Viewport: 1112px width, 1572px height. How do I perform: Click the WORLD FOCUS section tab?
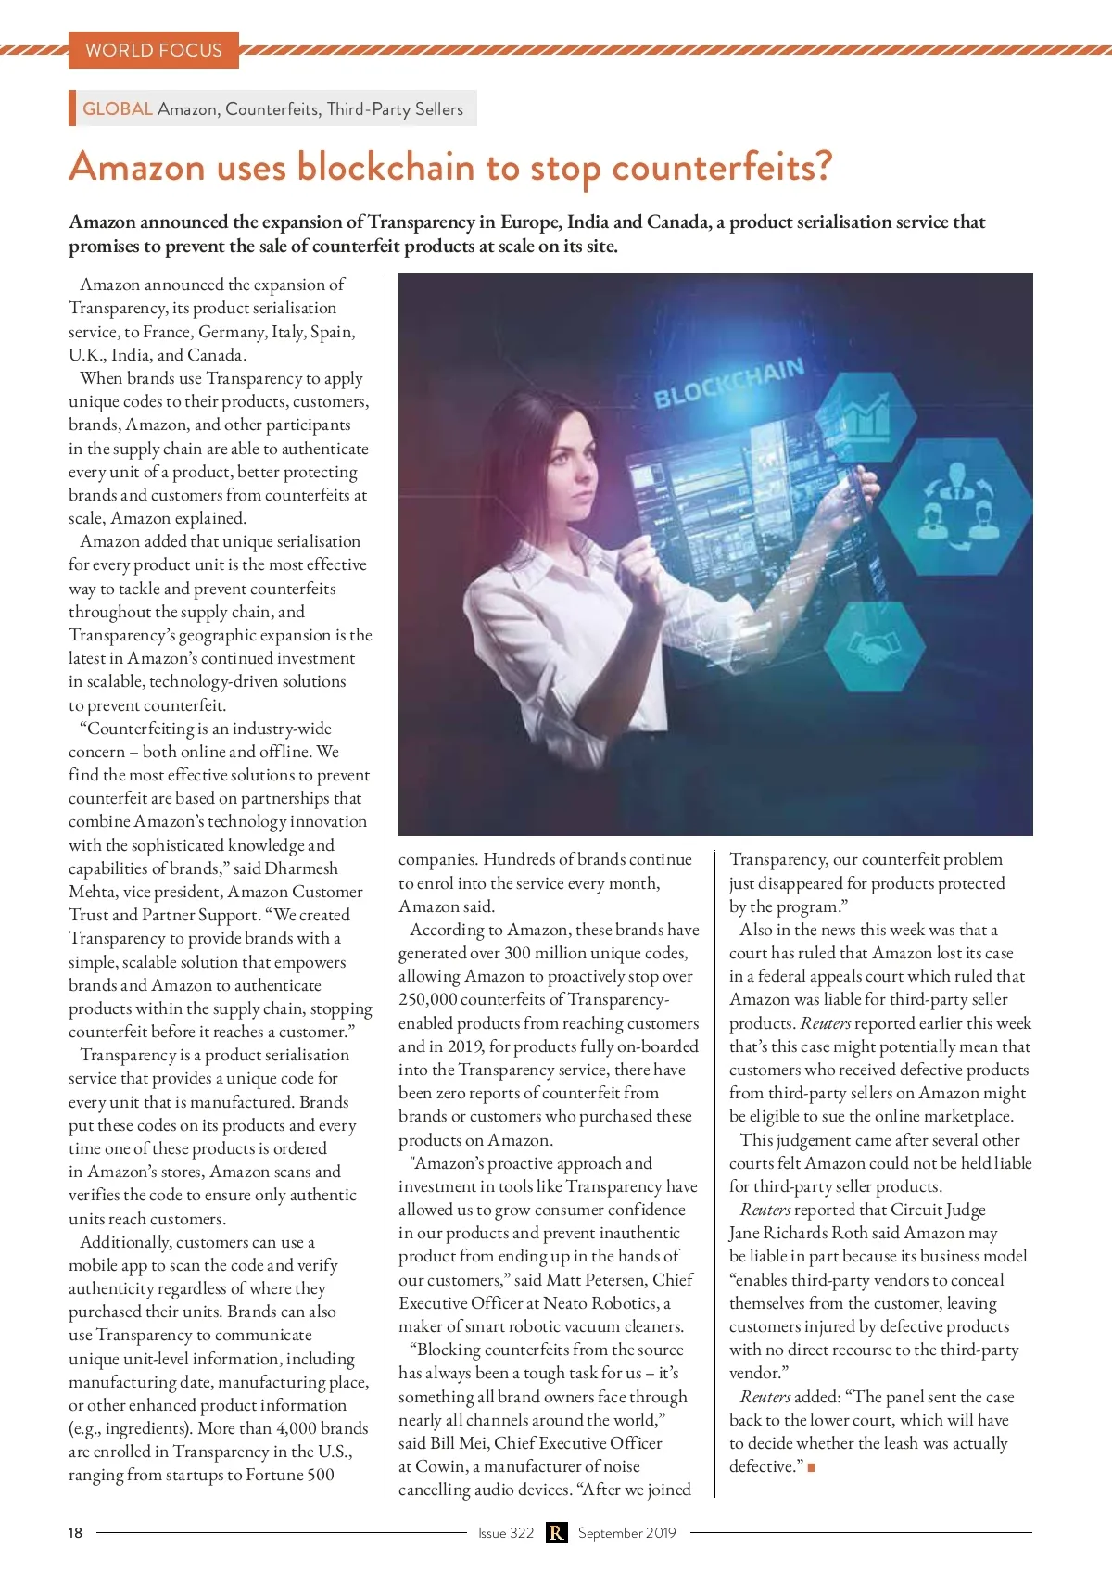tap(154, 50)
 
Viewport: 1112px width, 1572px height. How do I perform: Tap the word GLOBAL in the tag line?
tap(118, 108)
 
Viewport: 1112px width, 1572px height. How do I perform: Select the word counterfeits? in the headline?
tap(722, 168)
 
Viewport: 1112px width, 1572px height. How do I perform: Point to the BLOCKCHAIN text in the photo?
tap(729, 383)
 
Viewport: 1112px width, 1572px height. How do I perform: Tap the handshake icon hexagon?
tap(875, 646)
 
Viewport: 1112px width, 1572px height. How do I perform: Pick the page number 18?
tap(75, 1533)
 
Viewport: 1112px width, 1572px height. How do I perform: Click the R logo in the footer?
tap(556, 1533)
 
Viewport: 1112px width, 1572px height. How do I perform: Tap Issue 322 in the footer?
tap(506, 1533)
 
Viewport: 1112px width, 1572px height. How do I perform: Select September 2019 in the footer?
tap(627, 1533)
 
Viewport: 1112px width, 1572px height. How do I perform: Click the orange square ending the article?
tap(812, 1467)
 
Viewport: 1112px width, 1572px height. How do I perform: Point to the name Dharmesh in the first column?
tap(301, 868)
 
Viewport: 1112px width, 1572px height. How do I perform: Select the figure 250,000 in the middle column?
tap(427, 999)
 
